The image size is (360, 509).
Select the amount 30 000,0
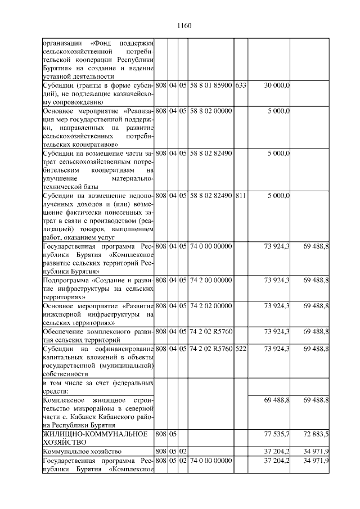(x=277, y=85)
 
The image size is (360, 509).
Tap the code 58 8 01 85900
(x=211, y=85)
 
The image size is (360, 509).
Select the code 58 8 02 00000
(x=211, y=111)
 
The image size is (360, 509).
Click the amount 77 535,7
(x=277, y=435)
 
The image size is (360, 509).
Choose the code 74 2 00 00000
(x=211, y=280)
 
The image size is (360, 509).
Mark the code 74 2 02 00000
(x=211, y=306)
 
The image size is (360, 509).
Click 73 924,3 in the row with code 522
(x=277, y=350)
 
